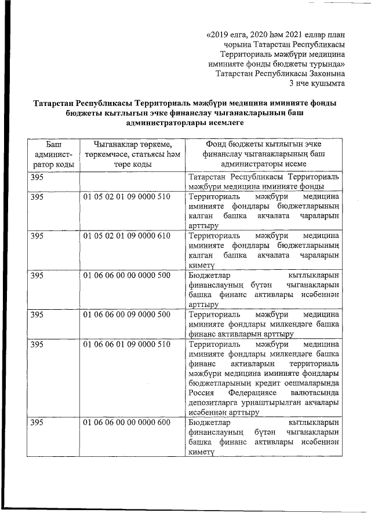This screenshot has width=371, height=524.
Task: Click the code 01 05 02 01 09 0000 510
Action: [126, 197]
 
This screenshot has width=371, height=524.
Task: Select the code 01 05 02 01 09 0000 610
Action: [126, 236]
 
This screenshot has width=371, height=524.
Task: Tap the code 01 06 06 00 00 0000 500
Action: [126, 275]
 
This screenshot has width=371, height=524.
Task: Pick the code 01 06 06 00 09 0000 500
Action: [126, 314]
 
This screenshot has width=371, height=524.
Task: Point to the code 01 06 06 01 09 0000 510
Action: [126, 345]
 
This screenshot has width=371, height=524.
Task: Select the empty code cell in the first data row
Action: [132, 181]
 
